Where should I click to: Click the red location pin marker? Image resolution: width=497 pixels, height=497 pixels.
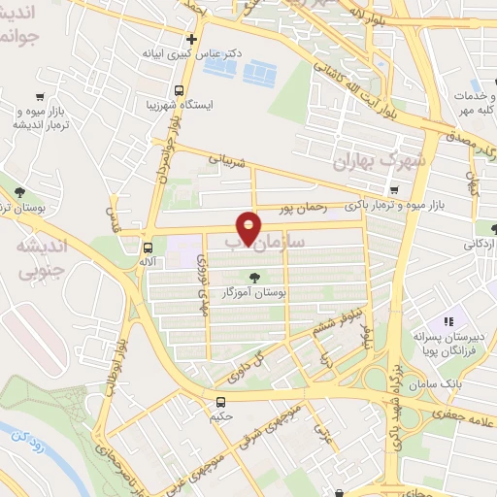[x=249, y=227]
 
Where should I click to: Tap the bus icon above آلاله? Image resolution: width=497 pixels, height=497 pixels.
[x=148, y=246]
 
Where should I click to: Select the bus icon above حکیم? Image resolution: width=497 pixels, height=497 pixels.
[x=221, y=401]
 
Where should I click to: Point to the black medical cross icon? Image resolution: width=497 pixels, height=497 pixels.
[x=192, y=40]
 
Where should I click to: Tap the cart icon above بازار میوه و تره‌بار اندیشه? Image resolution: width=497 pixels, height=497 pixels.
[x=39, y=96]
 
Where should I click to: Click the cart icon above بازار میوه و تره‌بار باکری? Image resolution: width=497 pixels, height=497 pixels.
[x=394, y=190]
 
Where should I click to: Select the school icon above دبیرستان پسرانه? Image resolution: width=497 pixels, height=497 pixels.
[x=448, y=321]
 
